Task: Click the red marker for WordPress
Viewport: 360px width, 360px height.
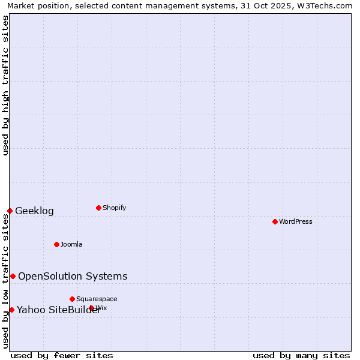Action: coord(275,221)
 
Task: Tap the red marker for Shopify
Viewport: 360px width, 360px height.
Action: coord(98,208)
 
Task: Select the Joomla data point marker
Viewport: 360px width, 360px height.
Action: coord(56,244)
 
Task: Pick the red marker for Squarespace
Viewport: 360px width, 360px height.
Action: coord(72,299)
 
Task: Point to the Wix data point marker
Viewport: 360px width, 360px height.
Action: coord(91,308)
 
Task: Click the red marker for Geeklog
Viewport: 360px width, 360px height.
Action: coord(10,211)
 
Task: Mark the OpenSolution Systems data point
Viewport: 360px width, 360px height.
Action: coord(13,276)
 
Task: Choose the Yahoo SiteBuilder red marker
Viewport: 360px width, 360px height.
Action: coord(11,310)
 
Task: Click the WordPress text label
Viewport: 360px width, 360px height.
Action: coord(296,221)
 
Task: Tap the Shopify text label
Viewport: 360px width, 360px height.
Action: coord(114,208)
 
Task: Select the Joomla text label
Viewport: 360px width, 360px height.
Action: coord(71,244)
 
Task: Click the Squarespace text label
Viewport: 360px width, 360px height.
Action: coord(97,299)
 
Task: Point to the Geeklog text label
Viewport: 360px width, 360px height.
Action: coord(34,211)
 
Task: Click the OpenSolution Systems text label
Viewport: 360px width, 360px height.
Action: coord(73,276)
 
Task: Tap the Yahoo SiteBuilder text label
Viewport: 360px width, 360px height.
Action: coord(58,310)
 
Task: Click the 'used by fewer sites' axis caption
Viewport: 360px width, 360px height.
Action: coord(62,355)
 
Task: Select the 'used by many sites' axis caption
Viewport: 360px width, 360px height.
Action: coord(301,355)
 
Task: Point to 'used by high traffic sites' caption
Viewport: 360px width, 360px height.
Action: coord(5,85)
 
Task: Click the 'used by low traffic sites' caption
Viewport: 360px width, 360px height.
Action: coord(5,281)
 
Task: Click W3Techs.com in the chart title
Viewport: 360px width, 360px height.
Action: coord(323,5)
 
